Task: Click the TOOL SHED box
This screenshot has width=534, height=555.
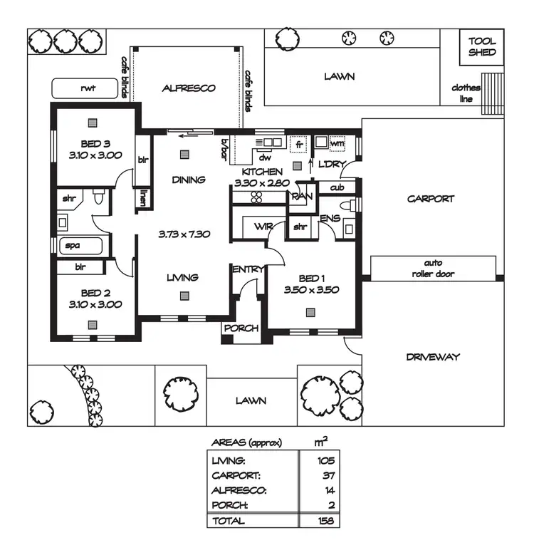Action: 482,47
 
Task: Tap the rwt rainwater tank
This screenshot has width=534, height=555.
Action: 85,89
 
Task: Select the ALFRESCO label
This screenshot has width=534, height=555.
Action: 189,88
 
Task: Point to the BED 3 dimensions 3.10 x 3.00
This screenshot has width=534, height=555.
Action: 95,154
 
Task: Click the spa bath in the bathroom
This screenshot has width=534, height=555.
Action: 80,246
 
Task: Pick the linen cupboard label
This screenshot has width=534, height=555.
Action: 143,198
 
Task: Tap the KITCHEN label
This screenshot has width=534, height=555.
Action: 261,172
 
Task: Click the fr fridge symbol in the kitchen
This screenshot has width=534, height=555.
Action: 299,143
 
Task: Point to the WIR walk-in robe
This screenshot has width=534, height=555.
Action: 263,227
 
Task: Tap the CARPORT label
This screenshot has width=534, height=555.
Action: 430,199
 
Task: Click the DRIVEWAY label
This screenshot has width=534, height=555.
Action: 434,356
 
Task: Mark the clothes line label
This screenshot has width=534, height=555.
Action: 466,93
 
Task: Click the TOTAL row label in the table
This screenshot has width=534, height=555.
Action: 228,520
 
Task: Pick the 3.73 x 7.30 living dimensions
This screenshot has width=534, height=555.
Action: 184,233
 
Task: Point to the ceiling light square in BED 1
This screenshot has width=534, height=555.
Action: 310,312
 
